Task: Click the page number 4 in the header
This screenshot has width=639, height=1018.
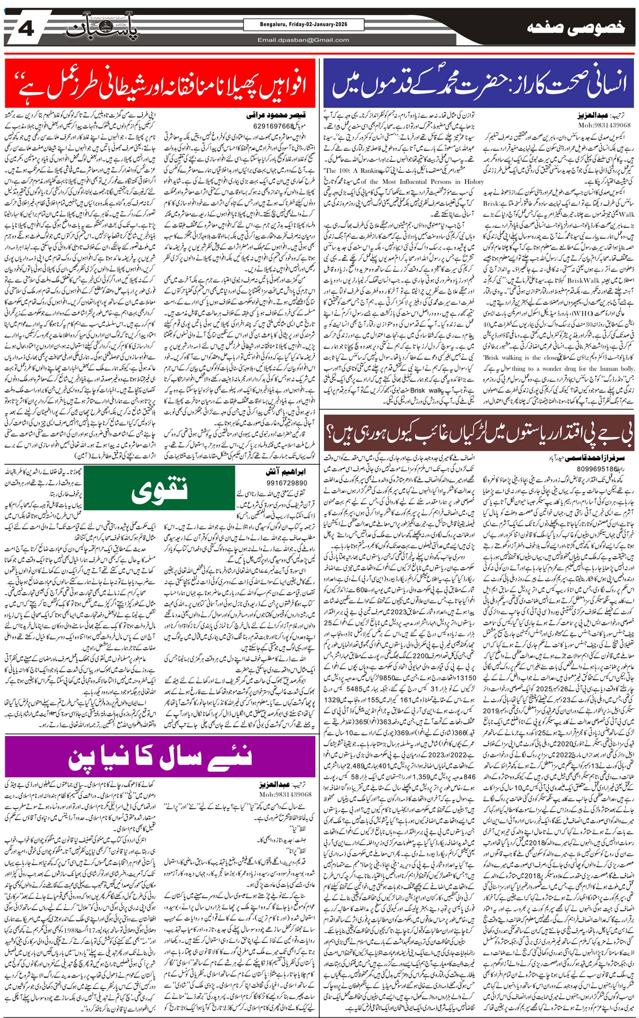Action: (26, 30)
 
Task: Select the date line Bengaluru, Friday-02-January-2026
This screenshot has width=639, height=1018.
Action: (303, 25)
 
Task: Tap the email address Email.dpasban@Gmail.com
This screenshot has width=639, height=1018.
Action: (303, 40)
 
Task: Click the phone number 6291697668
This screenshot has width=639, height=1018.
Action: (273, 126)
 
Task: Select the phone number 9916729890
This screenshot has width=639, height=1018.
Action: (287, 483)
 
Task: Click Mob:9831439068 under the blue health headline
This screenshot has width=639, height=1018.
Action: (604, 125)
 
